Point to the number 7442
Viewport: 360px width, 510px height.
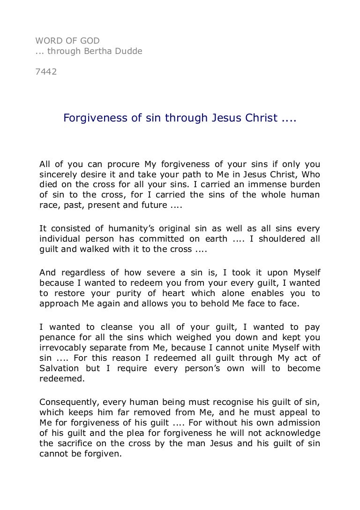[46, 72]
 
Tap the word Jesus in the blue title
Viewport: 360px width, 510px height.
[222, 118]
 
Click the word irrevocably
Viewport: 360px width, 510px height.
[63, 348]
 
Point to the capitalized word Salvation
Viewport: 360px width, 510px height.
[59, 368]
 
